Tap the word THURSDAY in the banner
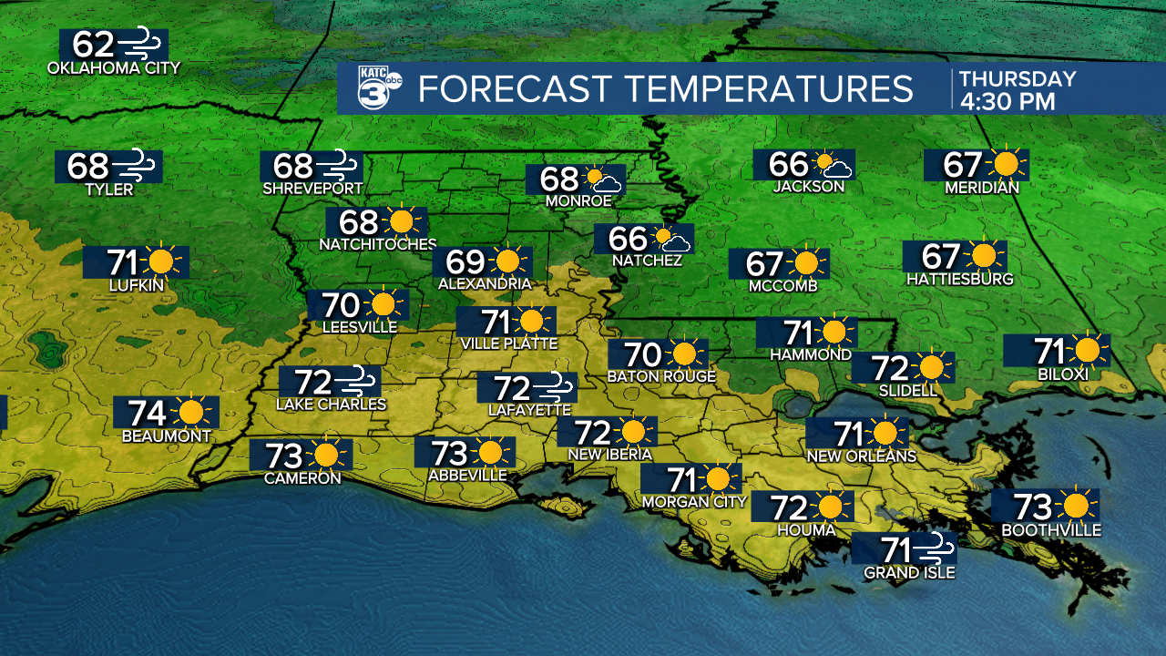point(1017,79)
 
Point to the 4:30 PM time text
point(1007,101)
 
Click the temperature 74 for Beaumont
point(147,413)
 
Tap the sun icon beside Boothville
point(1077,506)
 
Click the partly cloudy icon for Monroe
point(603,179)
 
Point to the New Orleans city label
point(861,456)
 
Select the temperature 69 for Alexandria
point(465,262)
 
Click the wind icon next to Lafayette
point(555,387)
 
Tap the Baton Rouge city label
point(661,376)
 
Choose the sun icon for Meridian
point(1006,164)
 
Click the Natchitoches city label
point(377,244)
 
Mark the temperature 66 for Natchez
point(628,239)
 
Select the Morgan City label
point(694,501)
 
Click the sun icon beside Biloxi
point(1088,350)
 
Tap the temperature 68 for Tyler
point(88,166)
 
